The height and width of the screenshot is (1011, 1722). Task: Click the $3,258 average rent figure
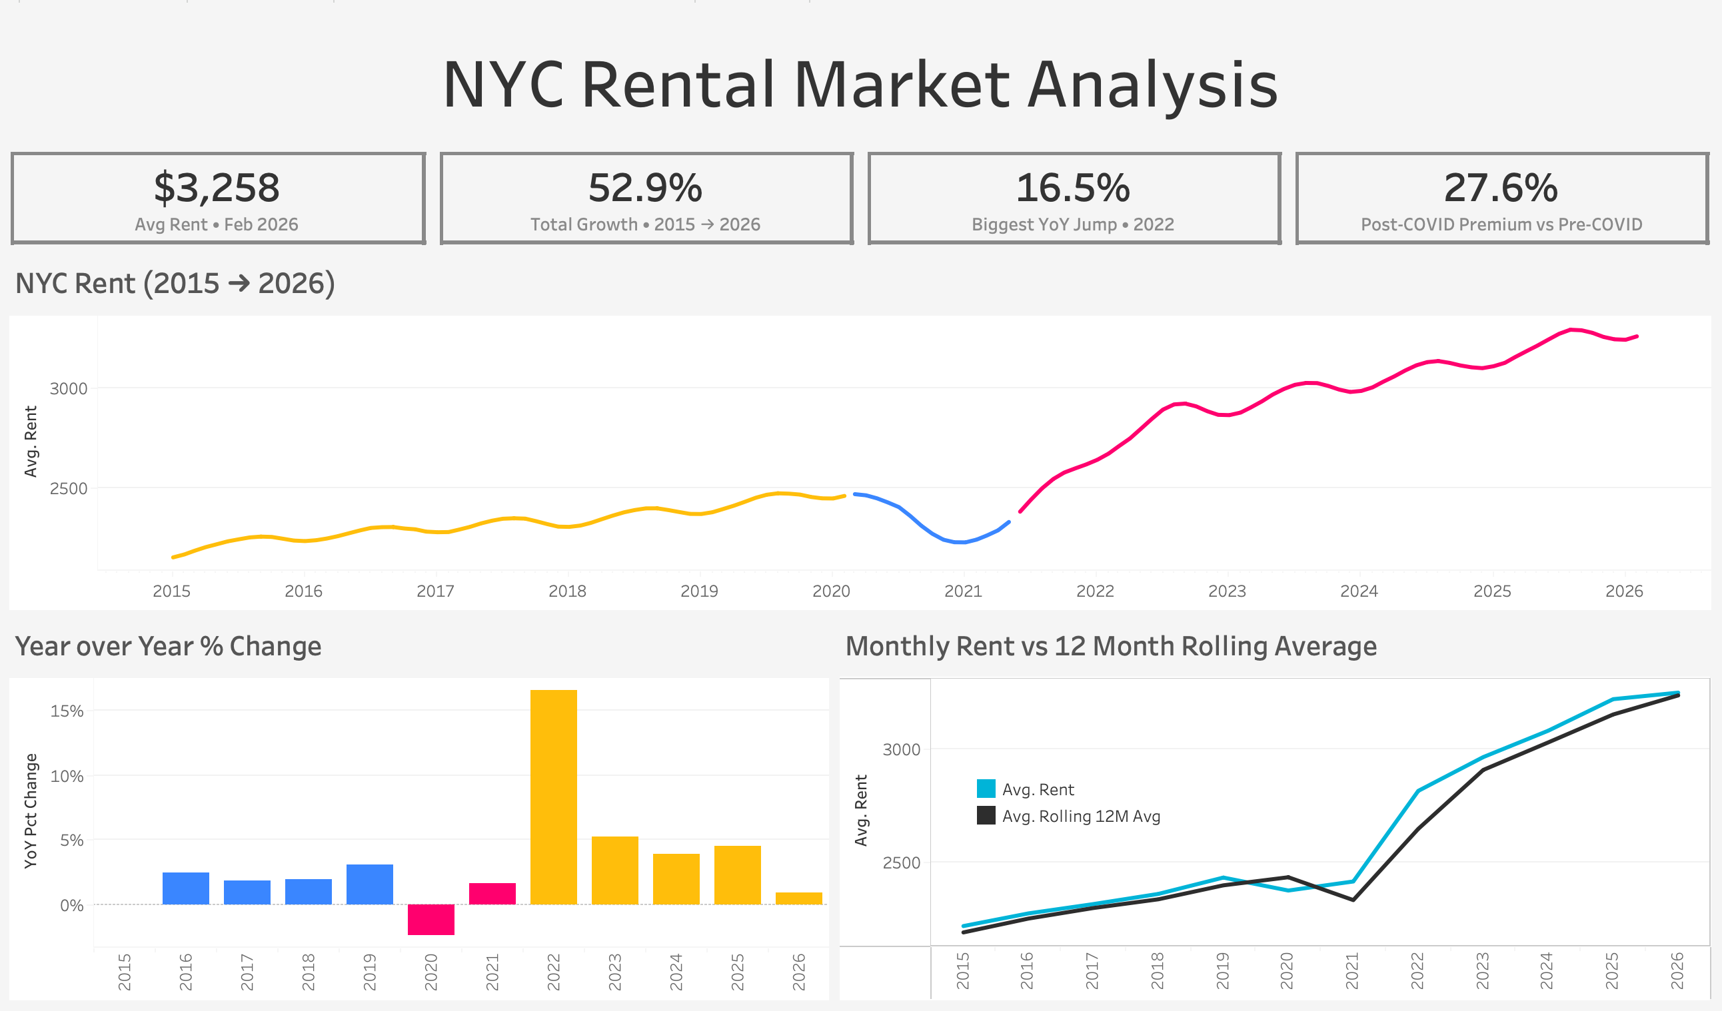pos(217,188)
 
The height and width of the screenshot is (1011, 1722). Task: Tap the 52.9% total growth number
pos(645,188)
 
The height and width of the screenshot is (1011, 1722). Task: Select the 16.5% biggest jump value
pos(1073,188)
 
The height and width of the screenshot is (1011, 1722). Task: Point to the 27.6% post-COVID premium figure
pos(1501,188)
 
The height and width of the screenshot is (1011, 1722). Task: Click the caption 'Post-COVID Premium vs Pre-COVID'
pos(1501,224)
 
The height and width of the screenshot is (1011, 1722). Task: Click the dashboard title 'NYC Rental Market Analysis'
pos(860,85)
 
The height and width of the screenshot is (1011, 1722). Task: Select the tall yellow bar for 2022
pos(554,797)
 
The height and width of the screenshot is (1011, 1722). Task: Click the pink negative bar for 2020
pos(431,920)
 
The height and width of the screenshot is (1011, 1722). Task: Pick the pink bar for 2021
pos(492,894)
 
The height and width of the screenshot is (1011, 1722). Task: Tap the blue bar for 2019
pos(370,884)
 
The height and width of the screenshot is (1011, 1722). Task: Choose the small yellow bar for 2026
pos(799,898)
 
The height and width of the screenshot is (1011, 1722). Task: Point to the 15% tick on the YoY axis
pos(67,711)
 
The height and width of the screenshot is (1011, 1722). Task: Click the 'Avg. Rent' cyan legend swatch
pos(986,789)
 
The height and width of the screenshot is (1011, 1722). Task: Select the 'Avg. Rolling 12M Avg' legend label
pos(1081,817)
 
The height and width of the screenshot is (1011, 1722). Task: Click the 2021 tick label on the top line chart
pos(963,591)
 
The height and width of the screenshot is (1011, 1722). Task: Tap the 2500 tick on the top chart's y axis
pos(69,488)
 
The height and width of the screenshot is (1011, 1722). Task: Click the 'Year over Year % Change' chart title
pos(168,646)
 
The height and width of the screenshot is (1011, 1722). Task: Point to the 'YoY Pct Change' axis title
pos(31,811)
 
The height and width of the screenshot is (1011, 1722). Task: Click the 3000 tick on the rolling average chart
pos(901,749)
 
